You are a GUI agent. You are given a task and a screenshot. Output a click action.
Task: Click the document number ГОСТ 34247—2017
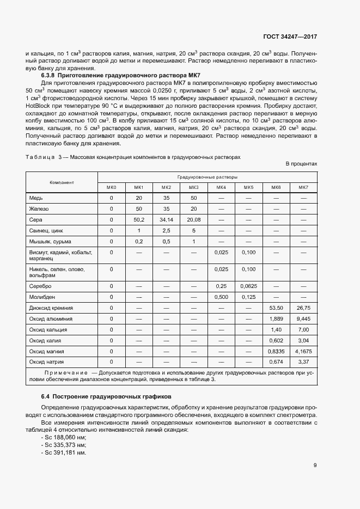tap(290, 36)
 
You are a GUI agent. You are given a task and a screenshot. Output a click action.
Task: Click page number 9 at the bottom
tap(315, 465)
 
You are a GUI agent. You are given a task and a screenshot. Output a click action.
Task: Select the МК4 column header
tap(221, 187)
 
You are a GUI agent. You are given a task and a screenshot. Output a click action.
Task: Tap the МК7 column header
tap(303, 187)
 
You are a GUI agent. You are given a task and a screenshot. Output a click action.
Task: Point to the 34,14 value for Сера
tap(166, 219)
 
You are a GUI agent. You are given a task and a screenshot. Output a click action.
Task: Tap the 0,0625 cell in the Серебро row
tap(248, 286)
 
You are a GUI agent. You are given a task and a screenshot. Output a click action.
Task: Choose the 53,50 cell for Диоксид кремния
tap(276, 308)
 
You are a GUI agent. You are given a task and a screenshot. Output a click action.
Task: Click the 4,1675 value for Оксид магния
tap(303, 351)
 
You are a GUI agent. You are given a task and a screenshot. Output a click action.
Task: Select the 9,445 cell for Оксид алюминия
tap(303, 318)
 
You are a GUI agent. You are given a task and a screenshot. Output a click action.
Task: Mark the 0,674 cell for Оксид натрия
tap(276, 361)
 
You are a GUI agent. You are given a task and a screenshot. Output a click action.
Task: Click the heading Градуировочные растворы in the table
tap(207, 177)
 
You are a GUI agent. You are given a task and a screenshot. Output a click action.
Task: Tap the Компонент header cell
tap(62, 182)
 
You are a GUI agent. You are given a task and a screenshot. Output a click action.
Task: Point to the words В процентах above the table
tap(301, 163)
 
